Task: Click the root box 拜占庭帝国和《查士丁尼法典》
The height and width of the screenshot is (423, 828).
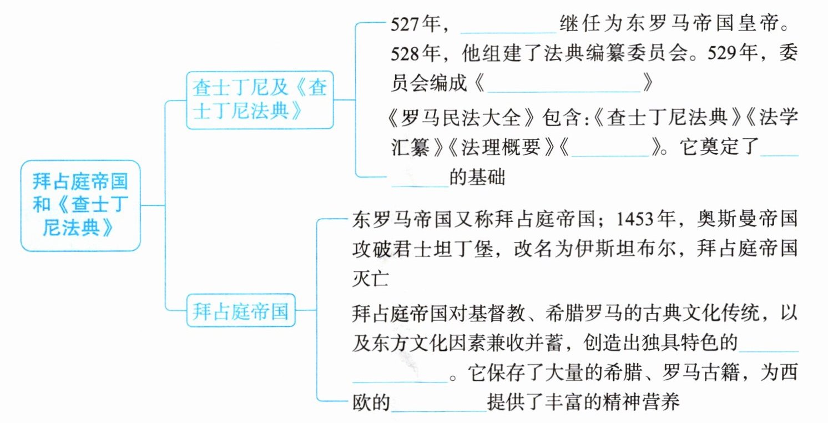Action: [x=80, y=205]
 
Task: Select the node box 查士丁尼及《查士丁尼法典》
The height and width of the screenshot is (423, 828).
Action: [x=260, y=100]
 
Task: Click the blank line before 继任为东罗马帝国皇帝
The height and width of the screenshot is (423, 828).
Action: [x=508, y=28]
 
